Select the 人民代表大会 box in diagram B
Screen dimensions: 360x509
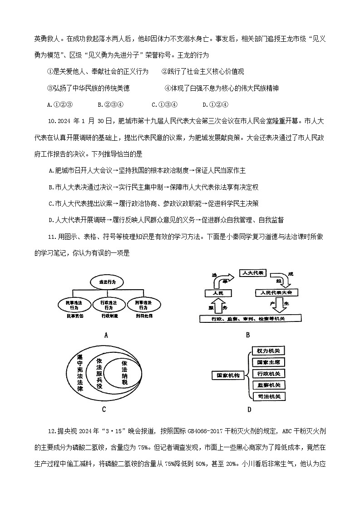(276, 293)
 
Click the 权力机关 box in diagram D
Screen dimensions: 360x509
(268, 351)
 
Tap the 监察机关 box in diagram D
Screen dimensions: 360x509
(268, 385)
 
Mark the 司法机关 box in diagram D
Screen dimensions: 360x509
(268, 396)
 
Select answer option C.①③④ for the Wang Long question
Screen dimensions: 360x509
(164, 104)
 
